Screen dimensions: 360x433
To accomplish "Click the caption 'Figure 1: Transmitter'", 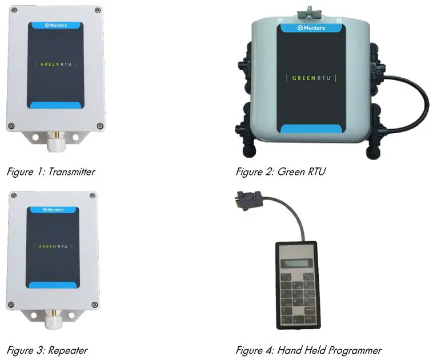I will pos(50,171).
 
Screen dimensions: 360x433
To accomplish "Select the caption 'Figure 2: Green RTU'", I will pos(280,171).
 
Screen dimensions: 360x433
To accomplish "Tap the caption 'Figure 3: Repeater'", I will pos(47,350).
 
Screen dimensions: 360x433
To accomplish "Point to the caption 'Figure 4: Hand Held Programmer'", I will pos(308,350).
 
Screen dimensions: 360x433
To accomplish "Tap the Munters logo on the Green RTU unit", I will pos(312,27).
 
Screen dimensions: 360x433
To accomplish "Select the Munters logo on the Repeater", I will pos(54,210).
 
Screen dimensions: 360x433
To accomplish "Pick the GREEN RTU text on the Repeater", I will pos(54,246).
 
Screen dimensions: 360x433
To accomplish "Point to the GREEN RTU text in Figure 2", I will pos(311,78).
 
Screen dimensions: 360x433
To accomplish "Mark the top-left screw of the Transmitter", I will pos(12,10).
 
